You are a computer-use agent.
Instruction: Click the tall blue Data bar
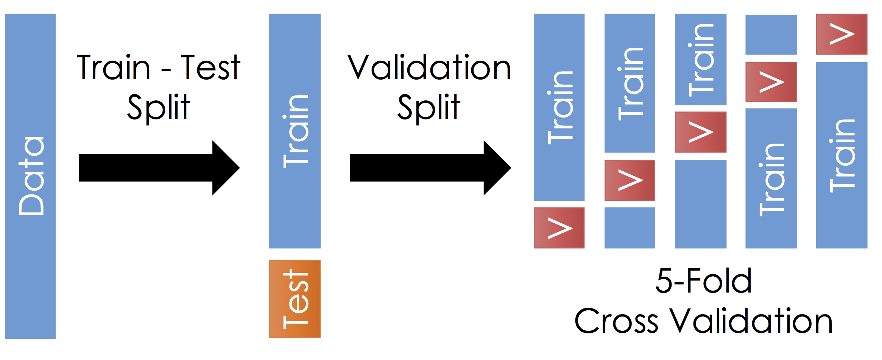(x=30, y=176)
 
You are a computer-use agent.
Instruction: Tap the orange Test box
(x=295, y=299)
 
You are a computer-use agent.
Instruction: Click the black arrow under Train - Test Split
(x=159, y=168)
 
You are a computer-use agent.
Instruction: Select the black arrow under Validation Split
(x=430, y=168)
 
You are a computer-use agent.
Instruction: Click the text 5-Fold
(x=703, y=281)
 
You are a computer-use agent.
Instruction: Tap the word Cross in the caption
(x=616, y=321)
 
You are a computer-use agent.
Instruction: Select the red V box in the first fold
(x=559, y=228)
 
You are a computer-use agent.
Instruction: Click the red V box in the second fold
(x=630, y=180)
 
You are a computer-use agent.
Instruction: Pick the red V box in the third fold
(x=700, y=132)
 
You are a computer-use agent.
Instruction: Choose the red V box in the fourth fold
(x=771, y=82)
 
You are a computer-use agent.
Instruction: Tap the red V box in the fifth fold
(x=841, y=34)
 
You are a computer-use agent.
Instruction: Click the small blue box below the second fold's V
(x=630, y=228)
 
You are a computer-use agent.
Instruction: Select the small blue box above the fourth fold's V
(x=771, y=34)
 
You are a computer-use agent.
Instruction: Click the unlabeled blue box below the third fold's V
(x=700, y=204)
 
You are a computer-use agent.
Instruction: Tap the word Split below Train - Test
(x=159, y=108)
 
